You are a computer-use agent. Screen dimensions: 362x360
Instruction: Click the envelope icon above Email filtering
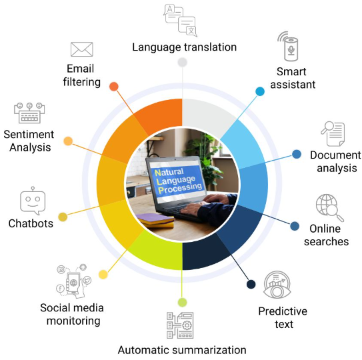[82, 49]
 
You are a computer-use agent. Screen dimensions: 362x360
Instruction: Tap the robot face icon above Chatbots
[33, 201]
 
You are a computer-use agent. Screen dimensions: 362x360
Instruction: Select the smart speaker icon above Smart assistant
[289, 46]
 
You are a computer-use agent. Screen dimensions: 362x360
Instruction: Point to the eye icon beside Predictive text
[277, 285]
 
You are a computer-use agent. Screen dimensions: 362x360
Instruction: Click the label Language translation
[184, 47]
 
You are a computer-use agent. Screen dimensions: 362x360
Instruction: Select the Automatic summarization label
[182, 350]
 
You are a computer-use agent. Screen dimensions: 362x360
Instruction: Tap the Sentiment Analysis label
[29, 141]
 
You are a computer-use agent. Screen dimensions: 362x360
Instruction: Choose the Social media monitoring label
[72, 314]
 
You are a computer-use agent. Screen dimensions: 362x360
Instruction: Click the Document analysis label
[336, 161]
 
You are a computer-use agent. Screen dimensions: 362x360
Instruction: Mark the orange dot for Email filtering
[114, 87]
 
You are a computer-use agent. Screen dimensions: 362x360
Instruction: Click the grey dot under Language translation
[183, 62]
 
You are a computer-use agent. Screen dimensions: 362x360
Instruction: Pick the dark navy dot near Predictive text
[251, 284]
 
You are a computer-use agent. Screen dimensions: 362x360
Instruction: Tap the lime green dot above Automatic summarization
[183, 302]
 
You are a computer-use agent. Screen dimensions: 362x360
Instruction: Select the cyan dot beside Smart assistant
[260, 91]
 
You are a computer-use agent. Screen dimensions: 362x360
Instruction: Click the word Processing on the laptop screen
[180, 187]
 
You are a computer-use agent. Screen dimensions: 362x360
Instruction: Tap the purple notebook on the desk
[155, 218]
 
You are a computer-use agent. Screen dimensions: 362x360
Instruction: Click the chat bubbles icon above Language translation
[180, 21]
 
